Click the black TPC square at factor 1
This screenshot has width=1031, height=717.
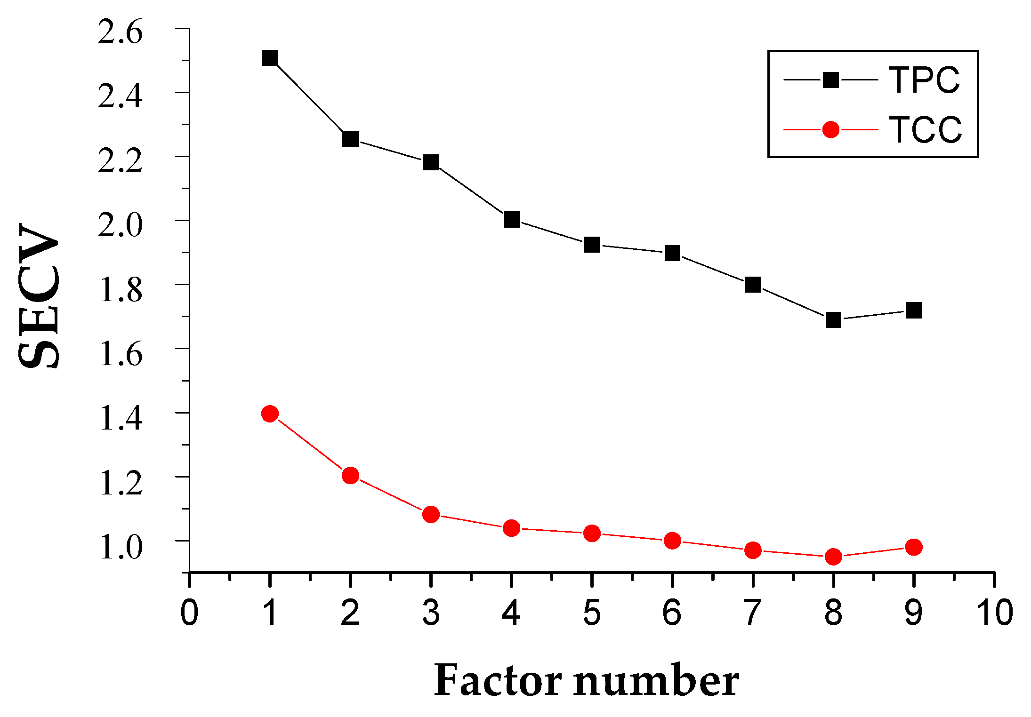270,58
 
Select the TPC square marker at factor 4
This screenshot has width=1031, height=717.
511,219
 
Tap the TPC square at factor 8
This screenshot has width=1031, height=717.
833,320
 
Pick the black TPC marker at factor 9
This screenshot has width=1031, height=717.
913,311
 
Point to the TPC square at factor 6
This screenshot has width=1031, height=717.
672,253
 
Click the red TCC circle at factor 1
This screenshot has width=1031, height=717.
270,414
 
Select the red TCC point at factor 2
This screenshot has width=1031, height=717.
350,475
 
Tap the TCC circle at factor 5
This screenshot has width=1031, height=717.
592,534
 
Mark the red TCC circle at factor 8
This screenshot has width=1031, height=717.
833,557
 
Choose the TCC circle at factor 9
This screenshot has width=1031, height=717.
913,547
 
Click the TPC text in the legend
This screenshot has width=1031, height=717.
924,80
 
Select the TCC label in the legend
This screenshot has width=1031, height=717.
925,129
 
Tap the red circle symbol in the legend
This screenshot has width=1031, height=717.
830,129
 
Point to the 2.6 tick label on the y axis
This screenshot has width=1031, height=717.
120,33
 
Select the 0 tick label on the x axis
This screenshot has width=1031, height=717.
189,613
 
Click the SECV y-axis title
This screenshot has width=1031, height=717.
40,296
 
